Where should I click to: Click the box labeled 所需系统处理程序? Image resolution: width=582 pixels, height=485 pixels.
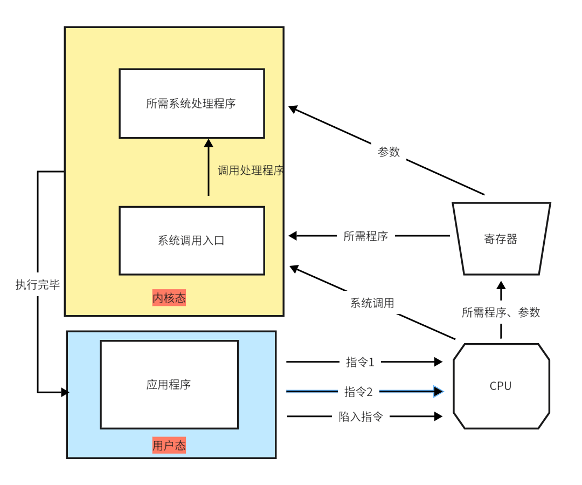coord(191,104)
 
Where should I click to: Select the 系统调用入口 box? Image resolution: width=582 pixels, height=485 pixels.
coord(191,241)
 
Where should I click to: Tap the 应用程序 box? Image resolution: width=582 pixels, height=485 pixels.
coord(169,385)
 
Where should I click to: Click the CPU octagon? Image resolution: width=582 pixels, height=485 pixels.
coord(501,386)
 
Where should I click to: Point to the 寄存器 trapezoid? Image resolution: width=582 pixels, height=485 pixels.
coord(501,239)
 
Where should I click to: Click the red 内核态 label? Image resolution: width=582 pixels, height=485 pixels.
coord(169,298)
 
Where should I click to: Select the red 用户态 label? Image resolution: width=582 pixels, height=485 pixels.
coord(169,445)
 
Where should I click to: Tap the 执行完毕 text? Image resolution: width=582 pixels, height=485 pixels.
coord(38,285)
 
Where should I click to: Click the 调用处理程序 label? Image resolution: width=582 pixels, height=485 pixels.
coord(251,170)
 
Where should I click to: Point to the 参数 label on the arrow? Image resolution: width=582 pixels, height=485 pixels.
coord(389,152)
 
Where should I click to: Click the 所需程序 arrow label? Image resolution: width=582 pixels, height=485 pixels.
coord(365,236)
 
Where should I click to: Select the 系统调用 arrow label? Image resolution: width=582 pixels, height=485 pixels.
coord(372,303)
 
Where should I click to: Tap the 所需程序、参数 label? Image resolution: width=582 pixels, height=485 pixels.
coord(501,312)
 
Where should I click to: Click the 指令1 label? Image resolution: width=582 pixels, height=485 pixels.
coord(359,362)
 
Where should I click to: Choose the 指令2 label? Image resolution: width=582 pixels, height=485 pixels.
coord(358,392)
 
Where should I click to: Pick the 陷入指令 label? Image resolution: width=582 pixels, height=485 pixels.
coord(361,416)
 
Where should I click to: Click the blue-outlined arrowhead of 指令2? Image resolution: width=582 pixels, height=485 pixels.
coord(438,391)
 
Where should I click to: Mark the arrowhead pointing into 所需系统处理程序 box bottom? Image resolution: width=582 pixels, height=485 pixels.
coord(209,144)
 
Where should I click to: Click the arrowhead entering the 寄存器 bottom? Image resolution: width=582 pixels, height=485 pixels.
coord(501,285)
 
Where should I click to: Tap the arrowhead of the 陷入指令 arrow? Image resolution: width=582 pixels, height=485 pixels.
coord(438,416)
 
